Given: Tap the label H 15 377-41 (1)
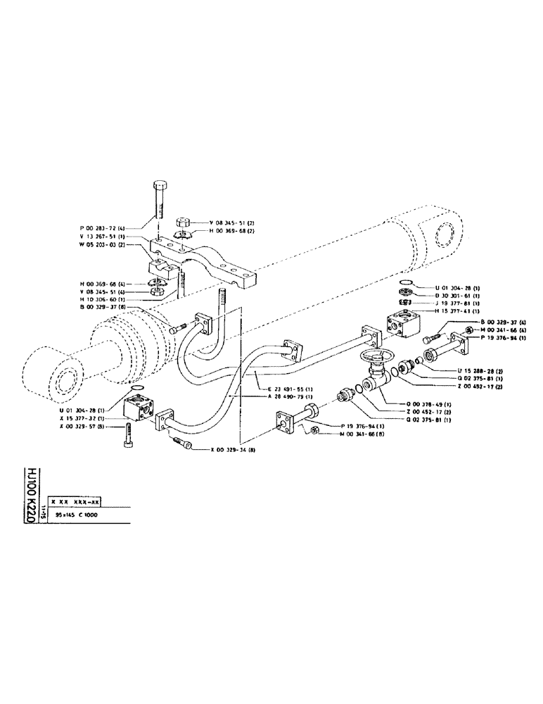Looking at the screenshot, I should point(454,310).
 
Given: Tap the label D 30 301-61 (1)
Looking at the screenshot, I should point(454,296).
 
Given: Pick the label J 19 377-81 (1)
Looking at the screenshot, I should point(454,303).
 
